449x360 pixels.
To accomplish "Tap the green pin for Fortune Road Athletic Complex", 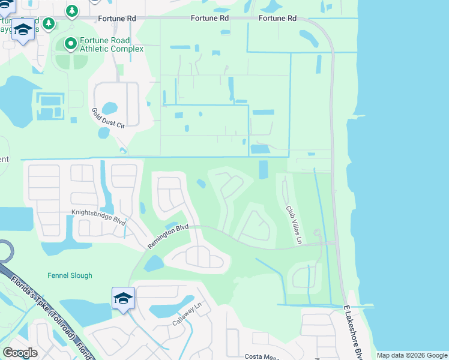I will pos(70,43).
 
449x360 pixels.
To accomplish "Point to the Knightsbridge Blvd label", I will pos(98,217).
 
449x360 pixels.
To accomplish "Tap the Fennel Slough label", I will pos(70,276).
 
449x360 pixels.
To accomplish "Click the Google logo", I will pos(20,353).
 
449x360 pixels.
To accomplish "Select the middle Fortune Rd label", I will pos(210,19).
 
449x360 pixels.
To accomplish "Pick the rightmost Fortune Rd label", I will pos(277,19).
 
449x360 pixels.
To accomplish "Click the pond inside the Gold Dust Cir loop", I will pos(110,109).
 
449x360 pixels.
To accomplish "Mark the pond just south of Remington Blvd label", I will pos(154,263).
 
